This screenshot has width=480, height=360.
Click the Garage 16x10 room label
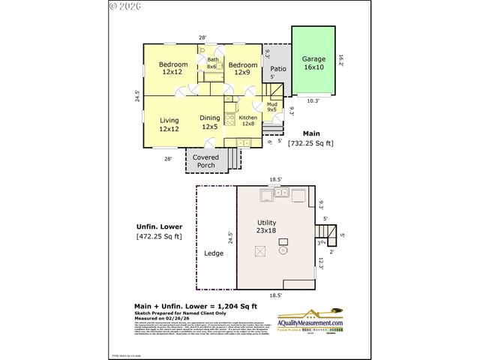(313, 63)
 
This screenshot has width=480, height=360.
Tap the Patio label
(276, 67)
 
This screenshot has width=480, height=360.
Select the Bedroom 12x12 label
(172, 69)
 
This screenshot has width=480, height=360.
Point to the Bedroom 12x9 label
(241, 69)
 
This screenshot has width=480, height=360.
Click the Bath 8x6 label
(213, 63)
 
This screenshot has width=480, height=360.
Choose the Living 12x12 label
(169, 124)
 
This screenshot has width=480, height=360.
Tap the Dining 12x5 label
(209, 122)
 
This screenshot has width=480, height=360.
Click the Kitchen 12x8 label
(248, 121)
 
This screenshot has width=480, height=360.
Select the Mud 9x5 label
(271, 106)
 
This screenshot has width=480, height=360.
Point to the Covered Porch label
(205, 161)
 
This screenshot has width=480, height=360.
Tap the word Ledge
(214, 253)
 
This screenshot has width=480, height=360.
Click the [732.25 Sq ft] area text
(310, 142)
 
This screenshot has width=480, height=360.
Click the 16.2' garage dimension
(340, 58)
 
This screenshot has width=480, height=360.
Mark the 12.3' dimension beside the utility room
(320, 262)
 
